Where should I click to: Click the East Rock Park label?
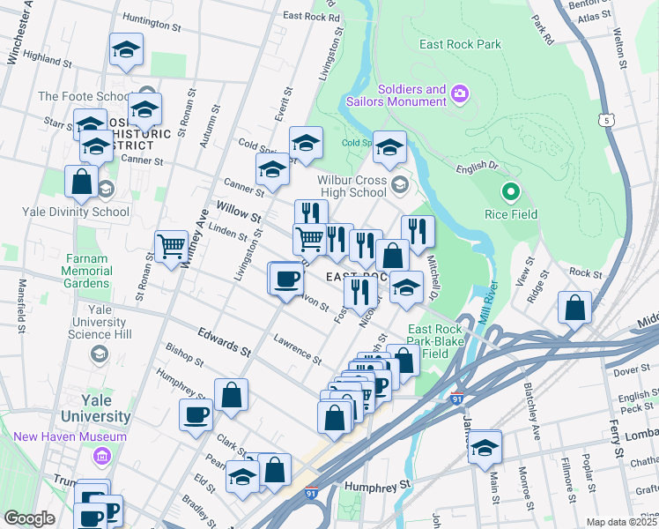(x=460, y=44)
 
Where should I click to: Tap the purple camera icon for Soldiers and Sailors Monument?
(x=459, y=94)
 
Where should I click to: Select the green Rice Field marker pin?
(x=510, y=191)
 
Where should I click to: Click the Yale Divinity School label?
(x=85, y=212)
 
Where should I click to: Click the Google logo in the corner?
(x=29, y=518)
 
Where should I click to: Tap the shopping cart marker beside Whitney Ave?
(x=170, y=245)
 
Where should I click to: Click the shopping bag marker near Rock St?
(x=574, y=308)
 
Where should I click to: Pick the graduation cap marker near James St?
(x=484, y=448)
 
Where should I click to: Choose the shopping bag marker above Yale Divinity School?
(x=81, y=182)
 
